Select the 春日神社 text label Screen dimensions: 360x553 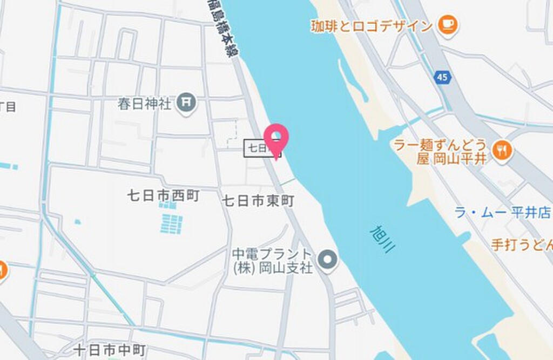(x=145, y=103)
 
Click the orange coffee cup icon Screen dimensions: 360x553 (x=448, y=25)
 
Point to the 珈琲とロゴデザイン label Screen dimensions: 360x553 (x=372, y=26)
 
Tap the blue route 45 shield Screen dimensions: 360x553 (x=442, y=78)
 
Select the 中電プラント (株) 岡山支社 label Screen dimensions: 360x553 (x=273, y=261)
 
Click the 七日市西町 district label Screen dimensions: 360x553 (x=163, y=195)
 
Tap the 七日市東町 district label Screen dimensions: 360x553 (x=258, y=201)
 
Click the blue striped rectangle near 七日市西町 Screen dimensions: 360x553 (x=171, y=223)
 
